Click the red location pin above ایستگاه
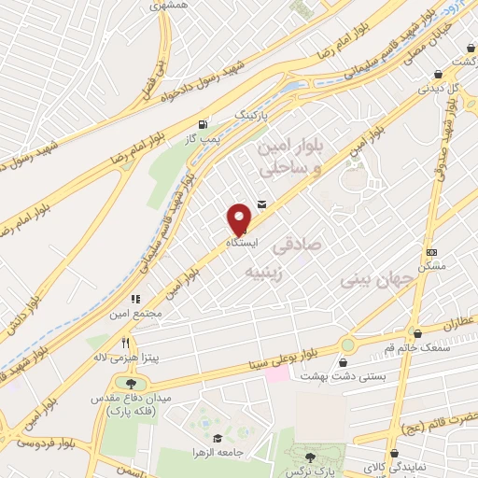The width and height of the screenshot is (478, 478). coord(240,218)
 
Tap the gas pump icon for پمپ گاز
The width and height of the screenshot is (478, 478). coord(203,124)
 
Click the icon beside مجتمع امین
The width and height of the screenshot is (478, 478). coord(136,300)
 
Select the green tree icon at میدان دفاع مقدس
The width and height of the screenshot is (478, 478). coord(130,383)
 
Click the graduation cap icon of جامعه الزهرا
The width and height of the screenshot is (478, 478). coord(217,439)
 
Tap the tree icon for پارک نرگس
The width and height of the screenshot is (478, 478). coord(310,457)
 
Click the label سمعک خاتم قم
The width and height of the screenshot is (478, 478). coord(381,348)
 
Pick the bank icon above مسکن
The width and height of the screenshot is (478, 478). coord(430,252)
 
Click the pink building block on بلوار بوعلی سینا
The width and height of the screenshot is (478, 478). coord(276,373)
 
